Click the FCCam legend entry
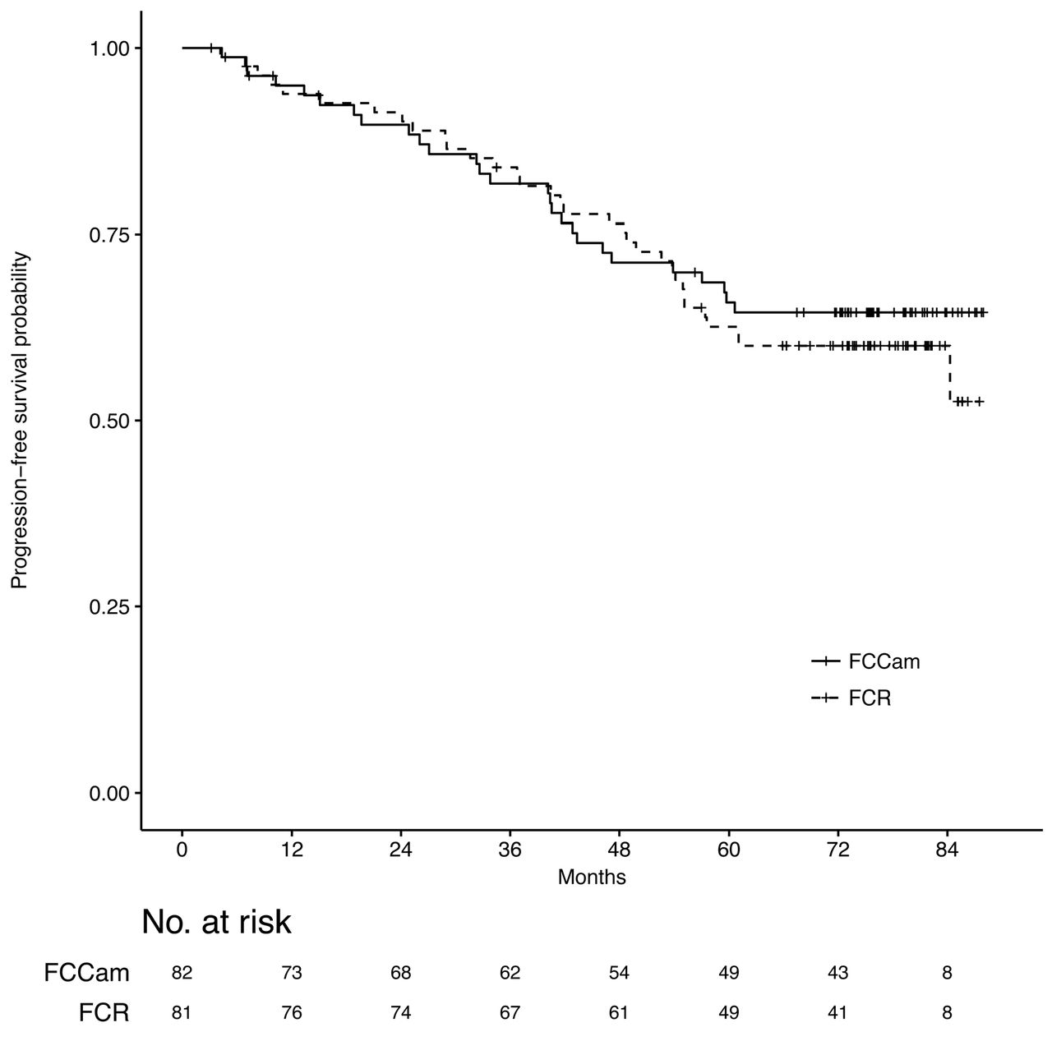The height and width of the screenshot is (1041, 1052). point(884,661)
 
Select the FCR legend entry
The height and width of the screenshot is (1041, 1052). point(870,698)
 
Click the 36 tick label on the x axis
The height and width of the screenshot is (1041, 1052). point(510,851)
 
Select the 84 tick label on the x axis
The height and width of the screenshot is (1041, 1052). point(947,851)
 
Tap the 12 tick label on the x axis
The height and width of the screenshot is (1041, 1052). point(291,851)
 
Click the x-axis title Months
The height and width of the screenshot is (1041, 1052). point(592,877)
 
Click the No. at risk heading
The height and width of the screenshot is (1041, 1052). point(216,923)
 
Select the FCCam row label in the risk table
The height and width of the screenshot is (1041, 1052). point(87,974)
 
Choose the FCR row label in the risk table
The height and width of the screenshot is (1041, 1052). point(104,1013)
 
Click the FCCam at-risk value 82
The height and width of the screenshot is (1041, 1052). point(182,974)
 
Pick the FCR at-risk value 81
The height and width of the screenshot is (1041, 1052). point(182,1013)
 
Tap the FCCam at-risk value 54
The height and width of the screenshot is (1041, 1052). point(619,974)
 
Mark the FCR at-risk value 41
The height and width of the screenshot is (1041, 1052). point(837,1013)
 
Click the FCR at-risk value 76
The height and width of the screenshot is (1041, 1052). point(291,1013)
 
